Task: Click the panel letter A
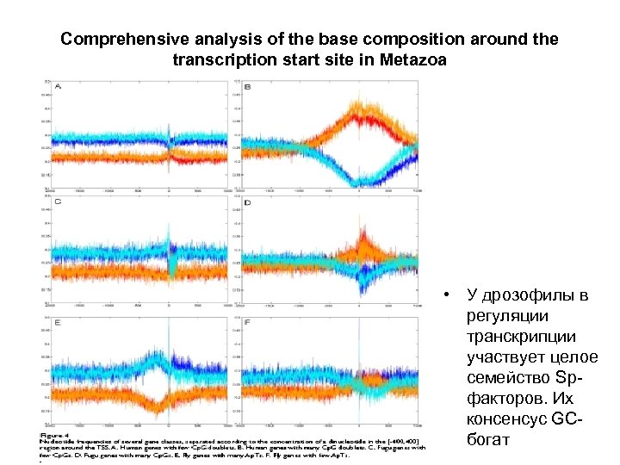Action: [58, 88]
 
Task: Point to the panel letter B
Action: [248, 88]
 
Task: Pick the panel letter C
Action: [58, 201]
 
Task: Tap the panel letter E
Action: [58, 322]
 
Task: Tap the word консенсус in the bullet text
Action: [505, 420]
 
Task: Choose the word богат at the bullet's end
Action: [487, 441]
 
